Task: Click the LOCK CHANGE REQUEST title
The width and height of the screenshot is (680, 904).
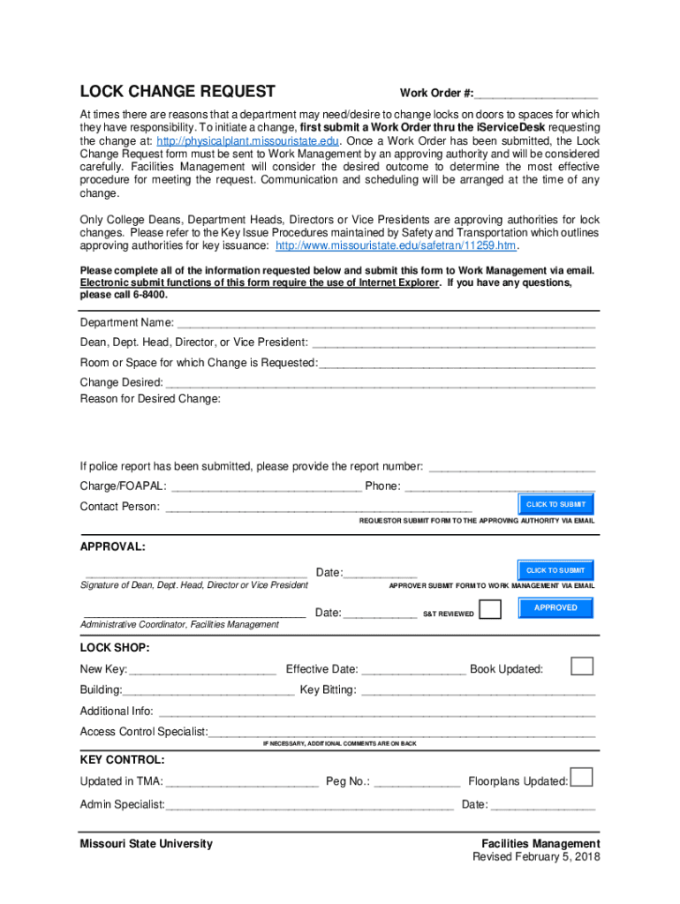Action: coord(178,92)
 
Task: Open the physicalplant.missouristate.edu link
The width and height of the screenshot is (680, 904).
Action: coord(248,141)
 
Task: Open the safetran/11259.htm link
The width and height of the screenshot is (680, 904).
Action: coord(397,246)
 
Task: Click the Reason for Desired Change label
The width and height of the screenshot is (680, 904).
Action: coord(150,399)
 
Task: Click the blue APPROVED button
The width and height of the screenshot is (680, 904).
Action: coord(555,608)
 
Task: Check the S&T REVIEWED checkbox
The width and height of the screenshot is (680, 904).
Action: coord(490,610)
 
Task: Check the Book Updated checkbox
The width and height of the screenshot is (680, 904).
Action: coord(582,666)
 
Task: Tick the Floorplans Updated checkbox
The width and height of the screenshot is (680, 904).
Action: coord(581,778)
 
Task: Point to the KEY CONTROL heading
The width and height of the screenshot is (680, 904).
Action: coord(122,760)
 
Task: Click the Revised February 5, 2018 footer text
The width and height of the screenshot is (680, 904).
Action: coord(536,857)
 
